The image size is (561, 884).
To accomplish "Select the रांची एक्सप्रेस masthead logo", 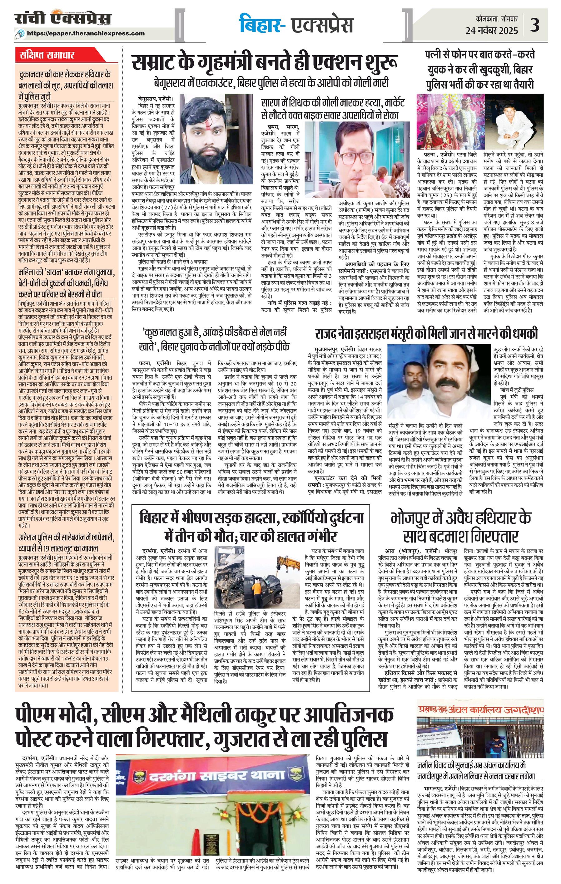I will click(62, 19).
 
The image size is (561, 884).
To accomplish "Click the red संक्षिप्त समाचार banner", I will click(47, 56).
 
